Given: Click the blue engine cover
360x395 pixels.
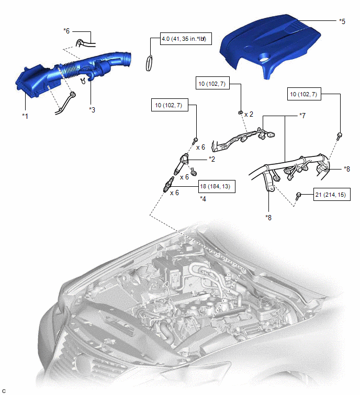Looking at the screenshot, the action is tap(269, 46).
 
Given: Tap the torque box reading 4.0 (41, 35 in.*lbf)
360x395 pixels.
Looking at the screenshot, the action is tap(186, 39).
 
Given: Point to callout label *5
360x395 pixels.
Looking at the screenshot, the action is tap(342, 21).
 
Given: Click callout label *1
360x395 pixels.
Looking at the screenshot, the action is tap(25, 116).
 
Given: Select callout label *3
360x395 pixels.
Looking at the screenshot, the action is tap(92, 110).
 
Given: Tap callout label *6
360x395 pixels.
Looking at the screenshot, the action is tap(66, 31).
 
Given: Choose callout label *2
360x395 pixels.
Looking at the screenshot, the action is tap(212, 159).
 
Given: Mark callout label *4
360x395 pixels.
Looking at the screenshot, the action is tap(203, 199).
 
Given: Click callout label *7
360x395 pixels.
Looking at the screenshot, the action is tap(302, 116).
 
